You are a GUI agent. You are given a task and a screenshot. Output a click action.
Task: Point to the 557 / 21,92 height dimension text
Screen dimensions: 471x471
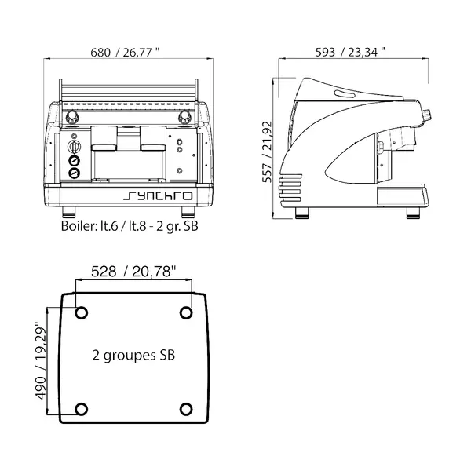pyautogui.click(x=268, y=151)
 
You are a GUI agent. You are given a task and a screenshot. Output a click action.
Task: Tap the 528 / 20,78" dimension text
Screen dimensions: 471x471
pyautogui.click(x=134, y=272)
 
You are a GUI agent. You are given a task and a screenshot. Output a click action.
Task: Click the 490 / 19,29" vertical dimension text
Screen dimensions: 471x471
pyautogui.click(x=42, y=359)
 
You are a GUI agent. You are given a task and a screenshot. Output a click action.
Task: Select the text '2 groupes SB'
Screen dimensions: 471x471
pyautogui.click(x=133, y=355)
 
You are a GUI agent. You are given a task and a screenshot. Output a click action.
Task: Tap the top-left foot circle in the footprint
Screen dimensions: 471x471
pyautogui.click(x=81, y=312)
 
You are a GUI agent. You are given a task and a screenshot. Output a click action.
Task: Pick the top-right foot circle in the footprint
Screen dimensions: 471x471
pyautogui.click(x=186, y=312)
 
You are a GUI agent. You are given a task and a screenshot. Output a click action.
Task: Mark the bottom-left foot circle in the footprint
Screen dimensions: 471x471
pyautogui.click(x=81, y=408)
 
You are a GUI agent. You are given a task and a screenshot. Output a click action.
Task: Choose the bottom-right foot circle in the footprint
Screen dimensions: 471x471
pyautogui.click(x=186, y=408)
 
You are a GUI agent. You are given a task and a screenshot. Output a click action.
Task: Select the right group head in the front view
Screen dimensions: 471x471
pyautogui.click(x=152, y=141)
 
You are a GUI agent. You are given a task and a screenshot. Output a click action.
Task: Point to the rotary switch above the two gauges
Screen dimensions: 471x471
pyautogui.click(x=75, y=146)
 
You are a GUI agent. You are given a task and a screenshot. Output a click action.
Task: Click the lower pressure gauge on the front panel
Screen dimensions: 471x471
pyautogui.click(x=75, y=174)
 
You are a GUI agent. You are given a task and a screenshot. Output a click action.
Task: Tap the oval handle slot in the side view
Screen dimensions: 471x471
pyautogui.click(x=345, y=95)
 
